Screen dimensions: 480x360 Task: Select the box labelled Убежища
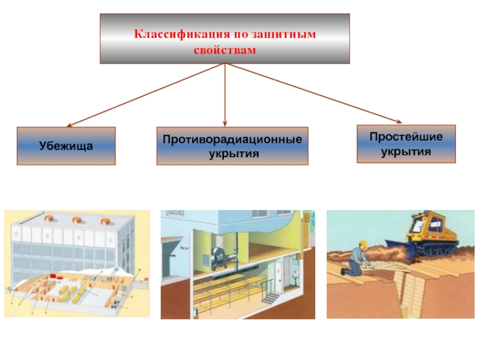pyautogui.click(x=66, y=146)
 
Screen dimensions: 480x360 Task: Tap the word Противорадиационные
pyautogui.click(x=232, y=139)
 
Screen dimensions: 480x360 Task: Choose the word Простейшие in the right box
pyautogui.click(x=406, y=137)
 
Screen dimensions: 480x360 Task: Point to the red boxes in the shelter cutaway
pyautogui.click(x=55, y=277)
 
